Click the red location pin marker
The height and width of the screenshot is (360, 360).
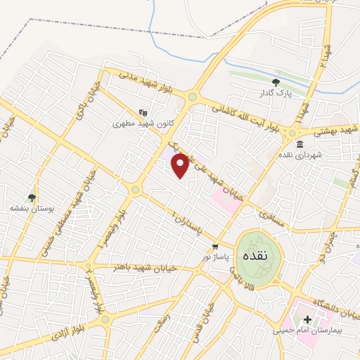pos(181,165)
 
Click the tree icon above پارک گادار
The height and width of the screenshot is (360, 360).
pos(275,83)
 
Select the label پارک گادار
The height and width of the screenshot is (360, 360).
pos(275,94)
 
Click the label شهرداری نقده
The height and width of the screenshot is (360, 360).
pos(298,154)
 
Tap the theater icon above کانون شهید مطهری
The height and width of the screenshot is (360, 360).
pos(143,111)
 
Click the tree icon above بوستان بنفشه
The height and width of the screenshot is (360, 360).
pos(30,198)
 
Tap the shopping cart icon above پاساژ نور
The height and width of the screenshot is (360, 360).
pos(214,247)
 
